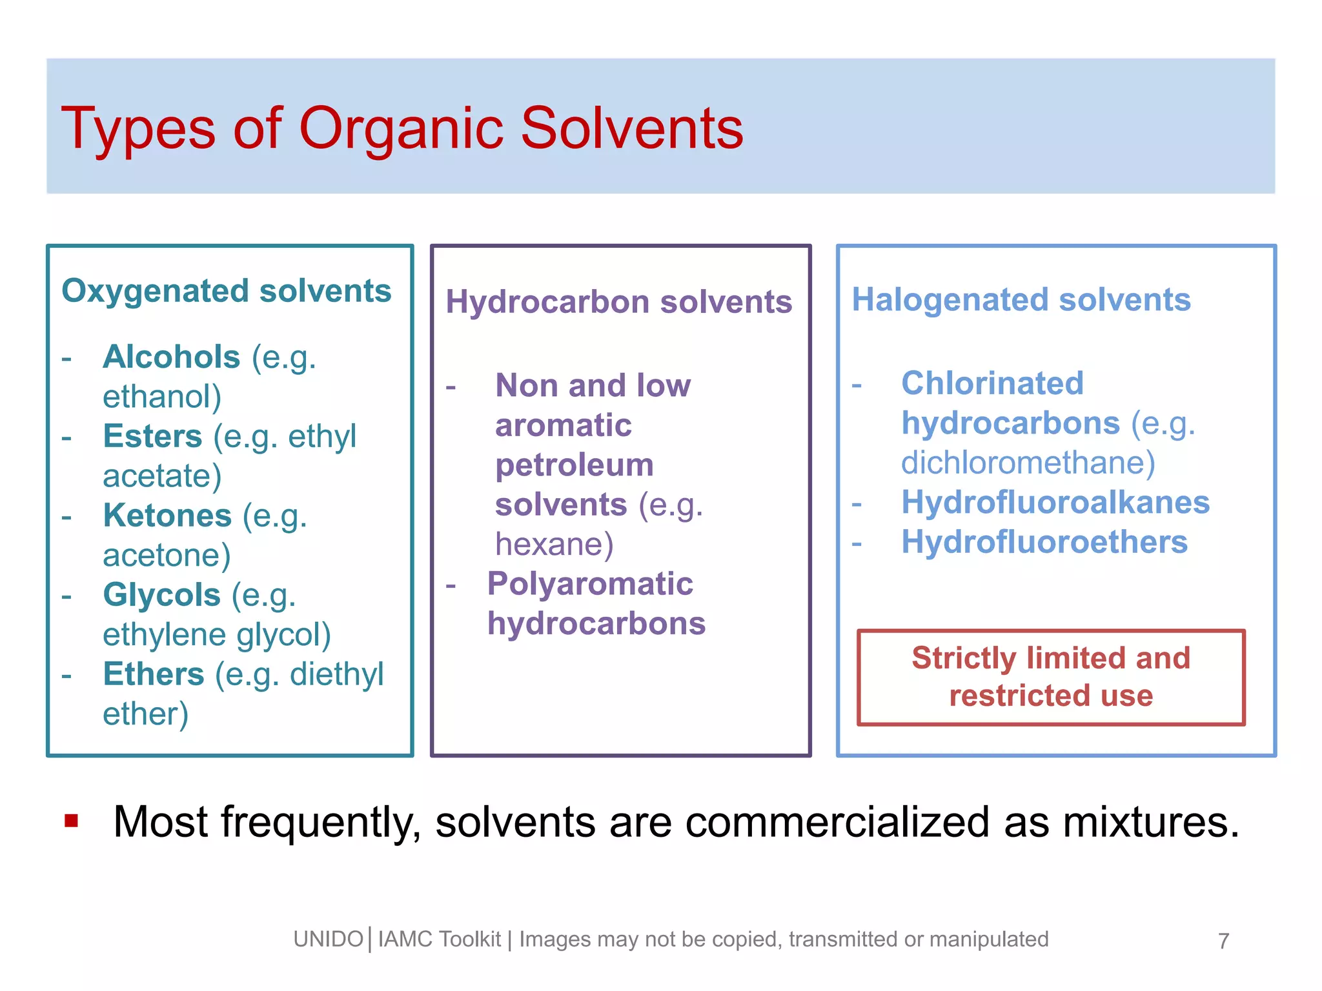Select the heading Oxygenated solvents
(x=227, y=291)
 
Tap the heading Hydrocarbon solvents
(x=618, y=302)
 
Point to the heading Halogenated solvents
(x=1021, y=300)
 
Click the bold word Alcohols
(x=172, y=357)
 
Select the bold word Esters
(x=153, y=436)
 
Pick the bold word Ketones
(x=167, y=516)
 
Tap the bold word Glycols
(x=162, y=595)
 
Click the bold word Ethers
(x=154, y=674)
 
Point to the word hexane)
(x=554, y=544)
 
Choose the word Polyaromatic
(x=590, y=584)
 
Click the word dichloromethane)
(x=1028, y=463)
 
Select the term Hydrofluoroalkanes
(x=1055, y=503)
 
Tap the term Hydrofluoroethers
(x=1044, y=542)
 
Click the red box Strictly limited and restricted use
(x=1051, y=677)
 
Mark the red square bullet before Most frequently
(x=71, y=821)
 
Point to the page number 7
(x=1223, y=941)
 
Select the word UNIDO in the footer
(x=328, y=939)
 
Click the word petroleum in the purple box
(x=574, y=465)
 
